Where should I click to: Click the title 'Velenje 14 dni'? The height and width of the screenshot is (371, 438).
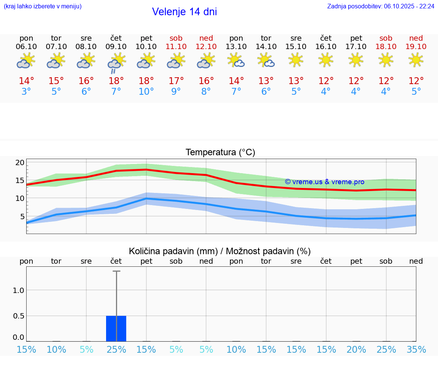(x=184, y=12)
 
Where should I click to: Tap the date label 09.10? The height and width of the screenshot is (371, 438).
(x=116, y=46)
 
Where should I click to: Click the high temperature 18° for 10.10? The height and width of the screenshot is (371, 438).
(x=146, y=81)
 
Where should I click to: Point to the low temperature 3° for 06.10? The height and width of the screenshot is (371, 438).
(x=26, y=92)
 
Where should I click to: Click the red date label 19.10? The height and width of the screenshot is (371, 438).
(x=416, y=46)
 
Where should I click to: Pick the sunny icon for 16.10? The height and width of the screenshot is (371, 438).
(x=326, y=60)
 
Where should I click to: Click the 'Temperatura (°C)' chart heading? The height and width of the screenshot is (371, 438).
(x=220, y=152)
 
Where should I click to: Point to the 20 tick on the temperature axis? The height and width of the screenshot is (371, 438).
(x=20, y=162)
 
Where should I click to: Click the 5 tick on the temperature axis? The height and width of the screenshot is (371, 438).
(x=22, y=216)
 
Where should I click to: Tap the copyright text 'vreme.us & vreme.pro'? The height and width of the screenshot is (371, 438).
(x=325, y=182)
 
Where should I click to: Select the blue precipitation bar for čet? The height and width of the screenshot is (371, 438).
(x=116, y=328)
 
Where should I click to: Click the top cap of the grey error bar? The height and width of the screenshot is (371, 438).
(x=116, y=271)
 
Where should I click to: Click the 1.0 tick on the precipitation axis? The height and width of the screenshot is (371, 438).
(x=19, y=290)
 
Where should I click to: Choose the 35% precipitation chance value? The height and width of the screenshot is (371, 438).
(x=416, y=350)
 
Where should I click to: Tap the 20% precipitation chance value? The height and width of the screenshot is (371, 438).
(x=356, y=350)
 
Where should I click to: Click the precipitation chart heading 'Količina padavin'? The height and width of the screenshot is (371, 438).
(x=220, y=251)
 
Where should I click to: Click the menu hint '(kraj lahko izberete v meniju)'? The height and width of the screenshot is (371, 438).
(x=43, y=6)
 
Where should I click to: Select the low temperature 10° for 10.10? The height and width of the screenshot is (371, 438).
(x=146, y=92)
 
